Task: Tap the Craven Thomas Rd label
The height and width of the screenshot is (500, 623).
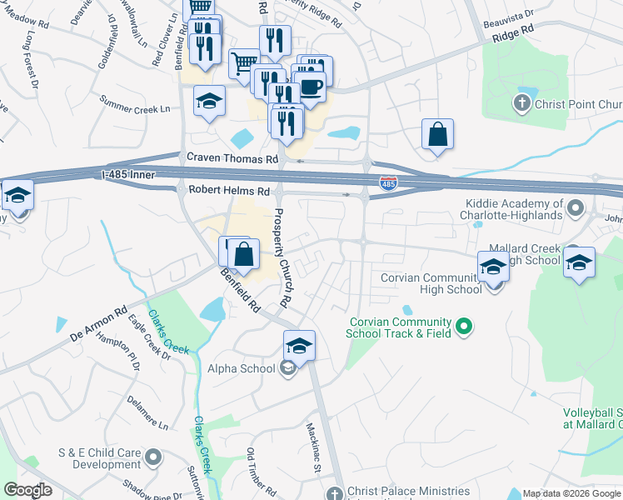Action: tap(232, 158)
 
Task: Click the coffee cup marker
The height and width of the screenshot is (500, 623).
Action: tap(312, 86)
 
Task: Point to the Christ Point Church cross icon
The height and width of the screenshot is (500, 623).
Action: tap(521, 102)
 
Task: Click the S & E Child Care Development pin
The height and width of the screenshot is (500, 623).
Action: tap(153, 457)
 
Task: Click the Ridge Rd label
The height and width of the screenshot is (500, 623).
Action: tap(511, 34)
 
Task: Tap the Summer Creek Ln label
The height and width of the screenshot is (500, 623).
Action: tap(134, 108)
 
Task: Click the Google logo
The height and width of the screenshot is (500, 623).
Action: tap(27, 490)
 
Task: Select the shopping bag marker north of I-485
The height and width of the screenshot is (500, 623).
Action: tap(437, 134)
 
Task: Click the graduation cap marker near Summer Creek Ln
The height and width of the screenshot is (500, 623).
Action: tap(209, 102)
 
